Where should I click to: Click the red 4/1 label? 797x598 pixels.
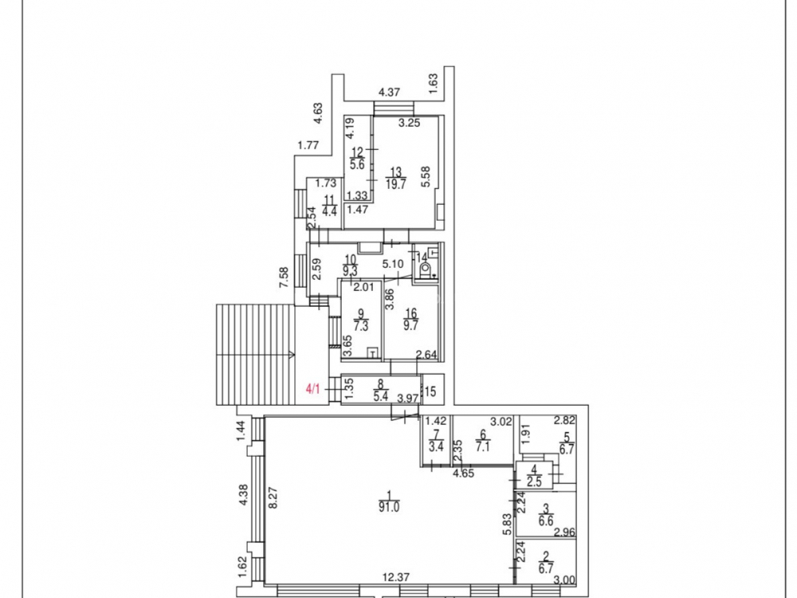[x=313, y=390]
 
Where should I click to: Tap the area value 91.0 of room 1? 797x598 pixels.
[x=388, y=506]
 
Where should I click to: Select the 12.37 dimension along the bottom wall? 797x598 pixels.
[x=396, y=577]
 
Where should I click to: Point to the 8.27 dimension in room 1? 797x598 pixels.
[x=273, y=498]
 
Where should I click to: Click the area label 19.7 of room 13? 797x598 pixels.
[x=396, y=184]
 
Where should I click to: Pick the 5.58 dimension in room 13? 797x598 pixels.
[x=426, y=177]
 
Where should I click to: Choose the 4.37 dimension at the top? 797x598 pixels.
[x=390, y=92]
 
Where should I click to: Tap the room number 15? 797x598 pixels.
[x=430, y=391]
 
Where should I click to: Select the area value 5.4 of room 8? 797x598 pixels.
[x=381, y=396]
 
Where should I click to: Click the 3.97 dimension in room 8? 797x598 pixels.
[x=408, y=398]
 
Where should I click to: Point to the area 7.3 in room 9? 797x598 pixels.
[x=361, y=326]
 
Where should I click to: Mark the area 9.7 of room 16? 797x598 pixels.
[x=410, y=326]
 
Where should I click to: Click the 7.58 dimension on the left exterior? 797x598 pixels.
[x=284, y=278]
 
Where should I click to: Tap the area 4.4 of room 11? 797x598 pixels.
[x=330, y=211]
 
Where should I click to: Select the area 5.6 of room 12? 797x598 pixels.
[x=357, y=165]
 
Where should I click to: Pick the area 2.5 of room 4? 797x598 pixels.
[x=534, y=482]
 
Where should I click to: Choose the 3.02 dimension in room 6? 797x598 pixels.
[x=501, y=421]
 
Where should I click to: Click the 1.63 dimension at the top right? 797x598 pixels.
[x=433, y=84]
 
